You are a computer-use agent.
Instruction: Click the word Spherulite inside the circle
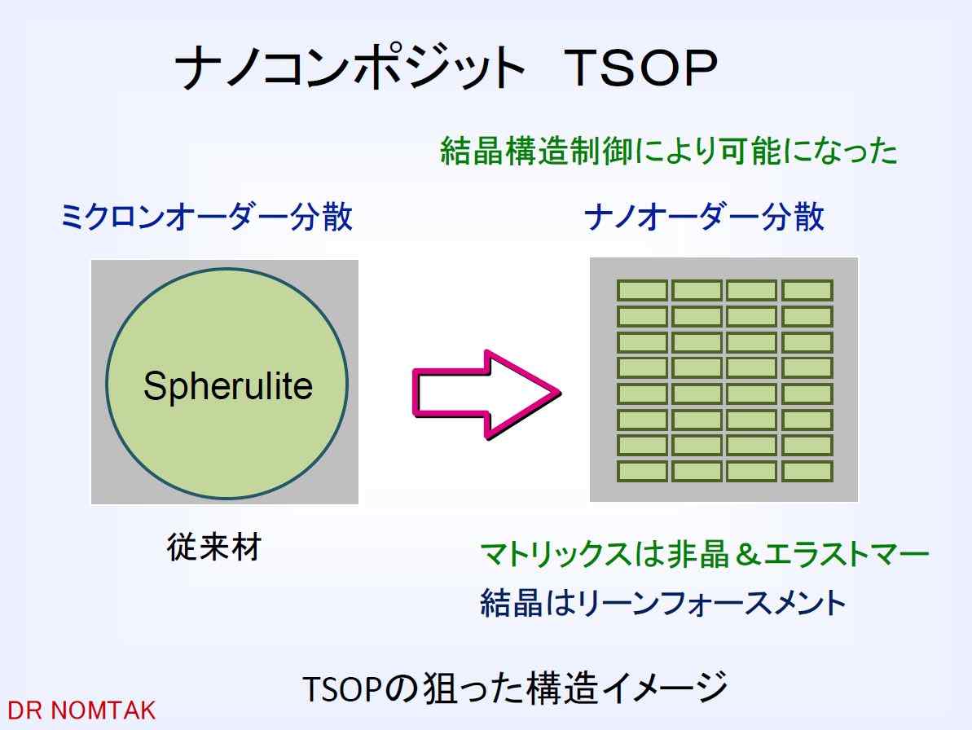point(228,387)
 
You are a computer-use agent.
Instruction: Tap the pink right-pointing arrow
point(486,395)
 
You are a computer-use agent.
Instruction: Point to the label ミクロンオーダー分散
point(206,217)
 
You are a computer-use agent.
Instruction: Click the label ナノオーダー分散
point(705,217)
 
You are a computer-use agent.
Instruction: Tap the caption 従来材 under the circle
point(214,547)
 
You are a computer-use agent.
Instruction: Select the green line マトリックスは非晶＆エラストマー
point(705,554)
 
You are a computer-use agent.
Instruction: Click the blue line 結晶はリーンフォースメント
point(663,602)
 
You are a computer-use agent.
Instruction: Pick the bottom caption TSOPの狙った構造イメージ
point(515,688)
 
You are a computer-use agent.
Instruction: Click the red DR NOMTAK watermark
point(81,710)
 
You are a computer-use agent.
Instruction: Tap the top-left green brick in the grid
point(642,290)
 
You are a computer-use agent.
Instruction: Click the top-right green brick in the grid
point(807,290)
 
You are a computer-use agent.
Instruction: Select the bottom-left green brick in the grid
point(642,471)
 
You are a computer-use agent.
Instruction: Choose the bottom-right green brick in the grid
point(807,471)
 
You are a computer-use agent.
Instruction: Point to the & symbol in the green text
point(747,554)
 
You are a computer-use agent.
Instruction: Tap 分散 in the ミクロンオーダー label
point(322,217)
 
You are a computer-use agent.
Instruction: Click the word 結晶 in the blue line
point(512,602)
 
